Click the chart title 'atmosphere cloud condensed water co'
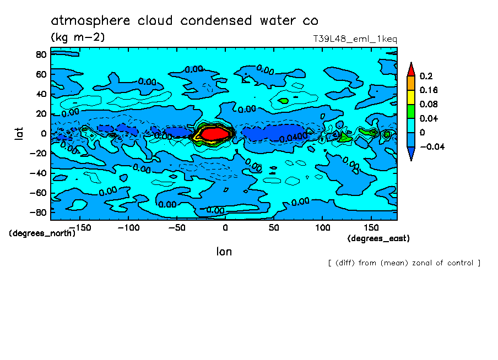(184, 21)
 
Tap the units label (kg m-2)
(78, 37)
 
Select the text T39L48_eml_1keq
(355, 39)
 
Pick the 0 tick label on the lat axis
(43, 133)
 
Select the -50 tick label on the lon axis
(176, 227)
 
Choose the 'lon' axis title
(224, 252)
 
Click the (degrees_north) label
(42, 233)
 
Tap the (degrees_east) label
(378, 238)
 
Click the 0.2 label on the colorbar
(425, 76)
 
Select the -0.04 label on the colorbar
(431, 146)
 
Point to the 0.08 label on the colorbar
(428, 104)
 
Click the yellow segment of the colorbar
(410, 97)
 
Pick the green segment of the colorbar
(410, 111)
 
